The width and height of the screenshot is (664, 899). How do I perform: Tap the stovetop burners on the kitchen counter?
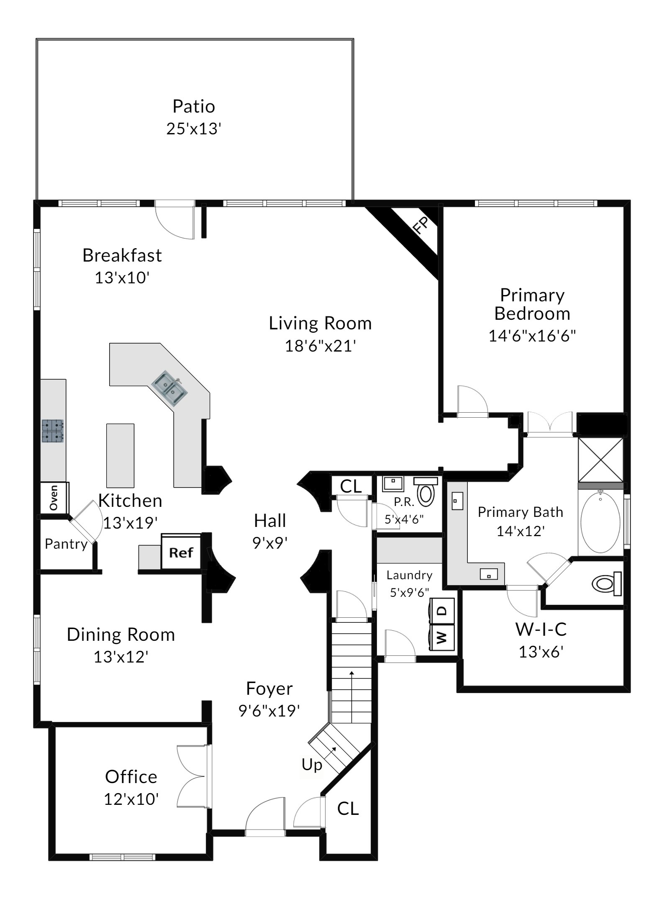[53, 431]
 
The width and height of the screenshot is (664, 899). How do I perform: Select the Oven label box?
[54, 498]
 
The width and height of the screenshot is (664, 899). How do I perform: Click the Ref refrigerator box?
[181, 552]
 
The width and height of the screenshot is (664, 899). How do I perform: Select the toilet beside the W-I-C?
[607, 583]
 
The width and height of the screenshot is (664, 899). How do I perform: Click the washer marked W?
[442, 637]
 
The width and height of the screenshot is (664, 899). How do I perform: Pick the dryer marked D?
[442, 611]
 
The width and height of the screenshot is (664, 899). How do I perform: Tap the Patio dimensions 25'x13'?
[194, 128]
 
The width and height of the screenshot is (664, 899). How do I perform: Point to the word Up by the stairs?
[312, 765]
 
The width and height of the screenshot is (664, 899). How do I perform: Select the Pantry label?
[66, 544]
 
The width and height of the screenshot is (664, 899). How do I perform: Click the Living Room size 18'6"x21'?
[320, 346]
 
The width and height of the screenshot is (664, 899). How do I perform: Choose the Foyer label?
[269, 688]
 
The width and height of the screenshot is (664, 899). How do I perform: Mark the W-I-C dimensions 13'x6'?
[541, 652]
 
